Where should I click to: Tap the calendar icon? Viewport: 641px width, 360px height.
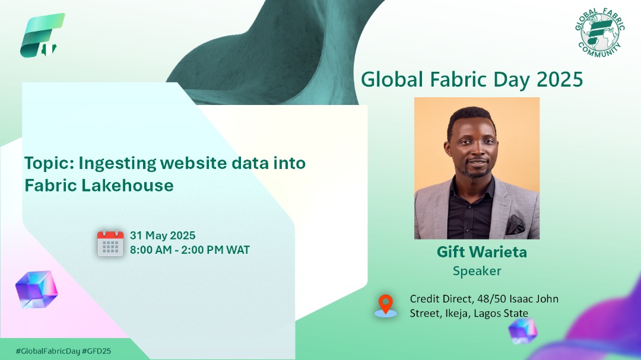pyautogui.click(x=110, y=243)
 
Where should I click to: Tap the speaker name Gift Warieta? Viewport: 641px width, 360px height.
pyautogui.click(x=481, y=252)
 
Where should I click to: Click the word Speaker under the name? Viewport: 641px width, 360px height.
pyautogui.click(x=477, y=271)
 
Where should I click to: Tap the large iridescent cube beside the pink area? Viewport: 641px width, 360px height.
pyautogui.click(x=36, y=290)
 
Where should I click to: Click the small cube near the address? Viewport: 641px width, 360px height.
pyautogui.click(x=522, y=330)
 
